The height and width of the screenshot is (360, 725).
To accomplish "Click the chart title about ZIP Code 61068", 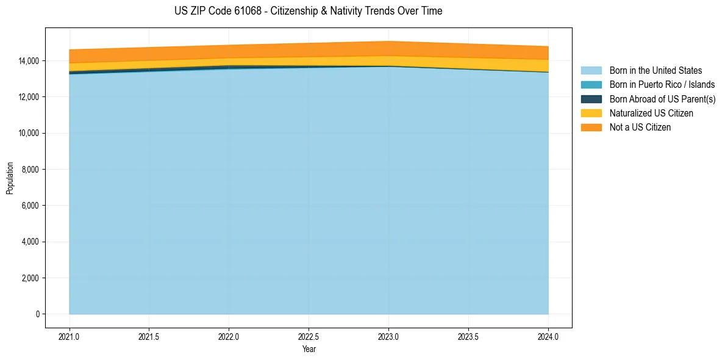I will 308,11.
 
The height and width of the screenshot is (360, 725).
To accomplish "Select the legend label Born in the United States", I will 655,71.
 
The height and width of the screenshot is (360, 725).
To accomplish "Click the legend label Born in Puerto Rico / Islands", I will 662,85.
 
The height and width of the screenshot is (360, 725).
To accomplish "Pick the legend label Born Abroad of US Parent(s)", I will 662,99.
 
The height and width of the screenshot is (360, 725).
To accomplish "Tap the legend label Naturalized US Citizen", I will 651,113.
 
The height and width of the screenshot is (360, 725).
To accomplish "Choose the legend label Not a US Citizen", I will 640,128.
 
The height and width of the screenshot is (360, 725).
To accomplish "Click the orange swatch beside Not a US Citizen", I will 591,128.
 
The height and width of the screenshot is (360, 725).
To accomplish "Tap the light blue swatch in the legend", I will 591,71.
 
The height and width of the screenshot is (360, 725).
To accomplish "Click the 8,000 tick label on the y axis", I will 30,170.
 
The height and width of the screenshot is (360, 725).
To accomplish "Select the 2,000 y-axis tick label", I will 30,278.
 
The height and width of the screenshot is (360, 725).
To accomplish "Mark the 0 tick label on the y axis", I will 37,314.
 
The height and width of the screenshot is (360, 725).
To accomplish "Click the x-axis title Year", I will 309,349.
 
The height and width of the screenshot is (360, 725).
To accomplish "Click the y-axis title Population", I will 10,178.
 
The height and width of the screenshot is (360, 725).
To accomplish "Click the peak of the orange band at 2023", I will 388,43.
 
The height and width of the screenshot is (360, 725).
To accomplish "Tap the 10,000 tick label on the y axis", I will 28,134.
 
